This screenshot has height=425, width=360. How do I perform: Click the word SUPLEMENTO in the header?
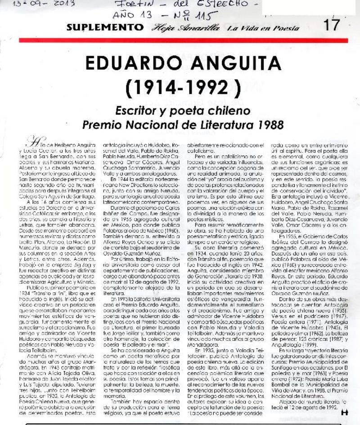click(x=102, y=27)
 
